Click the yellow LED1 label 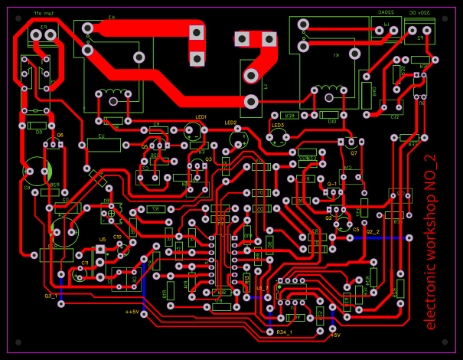click(x=201, y=117)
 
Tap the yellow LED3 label click(x=278, y=125)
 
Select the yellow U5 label click(x=102, y=239)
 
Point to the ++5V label click(x=132, y=312)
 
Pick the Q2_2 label click(x=373, y=231)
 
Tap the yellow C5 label click(x=356, y=228)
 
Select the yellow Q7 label click(x=354, y=152)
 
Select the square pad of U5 click(x=100, y=248)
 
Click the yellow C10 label click(x=117, y=237)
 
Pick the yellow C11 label click(x=85, y=263)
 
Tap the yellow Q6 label click(x=60, y=134)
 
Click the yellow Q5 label click(x=145, y=146)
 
